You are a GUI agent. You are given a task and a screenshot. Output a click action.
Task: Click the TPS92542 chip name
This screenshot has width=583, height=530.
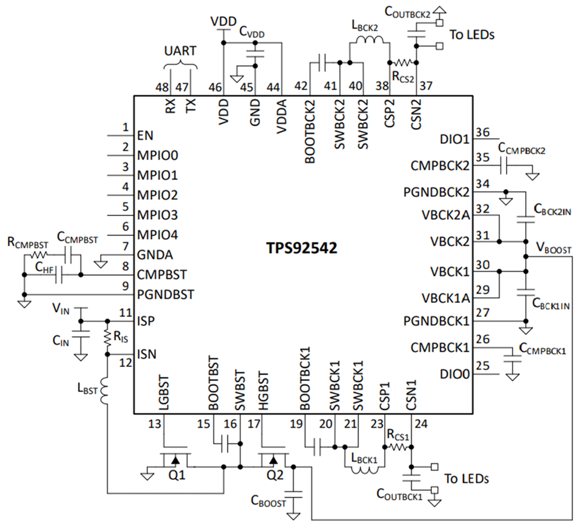(x=299, y=247)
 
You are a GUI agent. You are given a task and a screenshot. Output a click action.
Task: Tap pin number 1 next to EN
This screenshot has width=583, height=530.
(x=125, y=128)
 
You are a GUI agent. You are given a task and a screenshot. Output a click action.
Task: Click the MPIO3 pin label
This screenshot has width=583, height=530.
(x=157, y=215)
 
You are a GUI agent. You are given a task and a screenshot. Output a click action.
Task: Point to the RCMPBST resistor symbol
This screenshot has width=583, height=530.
(x=39, y=255)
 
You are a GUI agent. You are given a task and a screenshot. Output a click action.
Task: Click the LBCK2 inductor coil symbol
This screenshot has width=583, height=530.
(x=369, y=42)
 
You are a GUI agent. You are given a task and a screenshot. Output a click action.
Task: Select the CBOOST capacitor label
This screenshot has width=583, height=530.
(x=268, y=500)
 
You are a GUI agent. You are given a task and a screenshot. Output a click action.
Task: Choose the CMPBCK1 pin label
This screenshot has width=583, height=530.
(x=441, y=347)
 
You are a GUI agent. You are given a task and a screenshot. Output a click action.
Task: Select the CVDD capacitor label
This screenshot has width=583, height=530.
(x=252, y=33)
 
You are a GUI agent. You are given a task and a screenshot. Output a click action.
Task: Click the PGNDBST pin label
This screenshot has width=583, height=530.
(x=166, y=295)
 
